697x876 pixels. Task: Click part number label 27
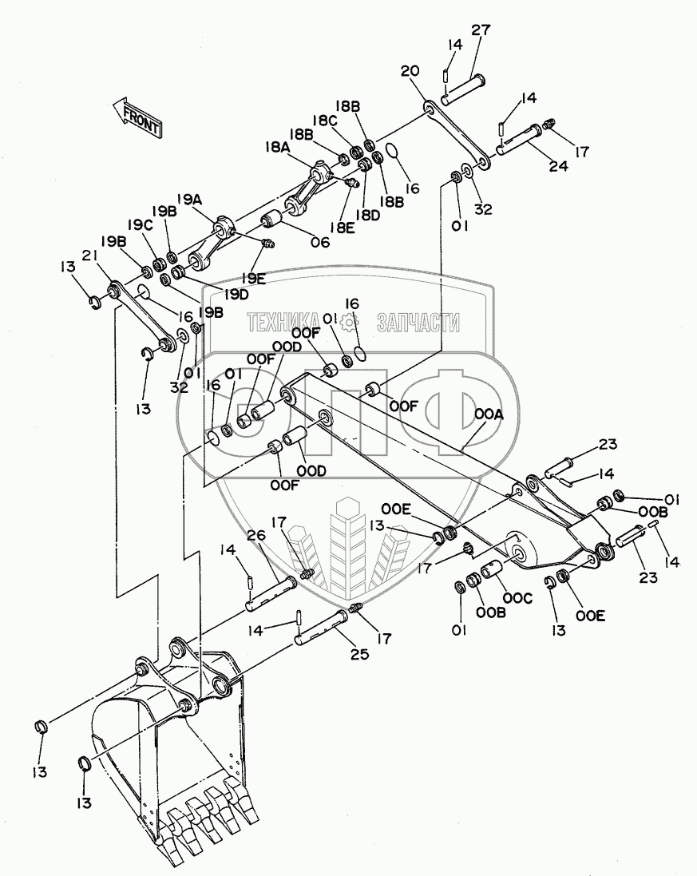click(481, 30)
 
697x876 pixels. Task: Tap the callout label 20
click(410, 71)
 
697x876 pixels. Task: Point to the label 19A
click(190, 199)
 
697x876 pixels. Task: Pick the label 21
click(89, 255)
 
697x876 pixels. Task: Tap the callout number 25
click(359, 653)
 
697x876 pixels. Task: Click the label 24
click(558, 165)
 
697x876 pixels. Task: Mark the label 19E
click(253, 278)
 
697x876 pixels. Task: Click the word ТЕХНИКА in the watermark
click(283, 323)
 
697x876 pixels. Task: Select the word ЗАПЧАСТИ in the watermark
click(418, 323)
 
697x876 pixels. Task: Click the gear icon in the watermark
click(349, 322)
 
